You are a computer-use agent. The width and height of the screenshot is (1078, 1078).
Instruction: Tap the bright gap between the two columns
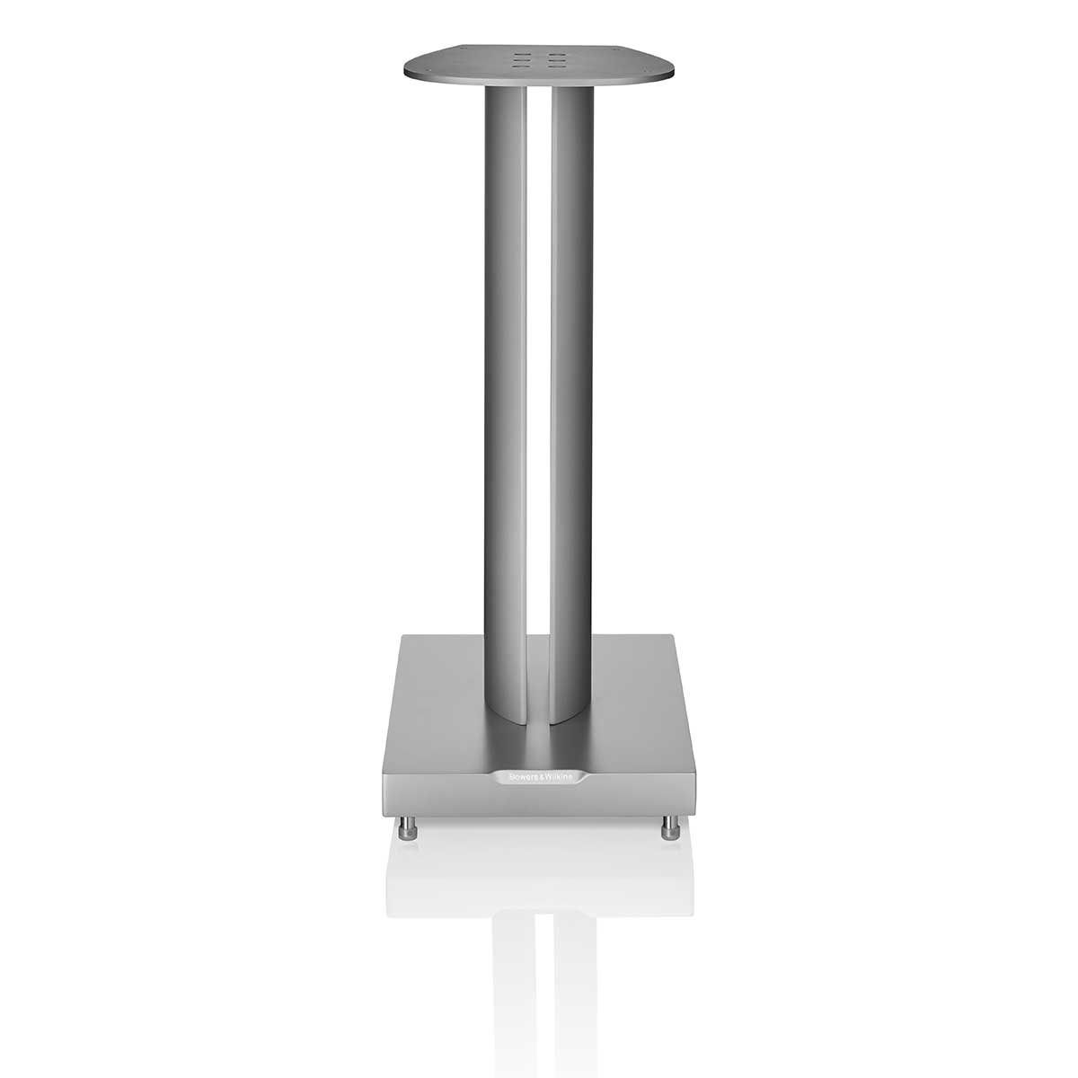point(539,359)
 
